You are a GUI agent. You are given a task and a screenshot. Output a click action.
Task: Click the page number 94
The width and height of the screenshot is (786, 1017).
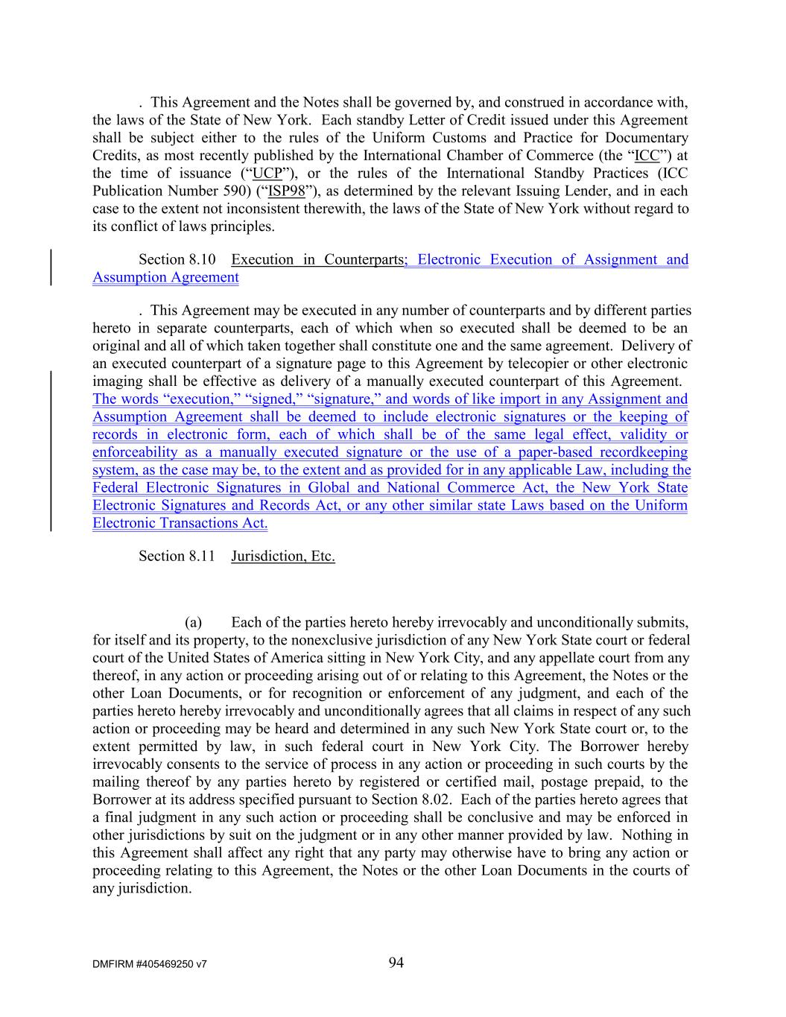(396, 963)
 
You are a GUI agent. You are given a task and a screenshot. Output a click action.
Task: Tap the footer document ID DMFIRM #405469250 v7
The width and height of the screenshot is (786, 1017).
(150, 964)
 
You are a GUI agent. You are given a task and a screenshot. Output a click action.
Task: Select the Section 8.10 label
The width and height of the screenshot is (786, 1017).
(177, 259)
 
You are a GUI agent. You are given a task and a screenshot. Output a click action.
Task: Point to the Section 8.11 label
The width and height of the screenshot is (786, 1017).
(177, 556)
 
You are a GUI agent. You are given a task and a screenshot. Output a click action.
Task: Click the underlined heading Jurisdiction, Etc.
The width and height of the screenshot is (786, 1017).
(283, 556)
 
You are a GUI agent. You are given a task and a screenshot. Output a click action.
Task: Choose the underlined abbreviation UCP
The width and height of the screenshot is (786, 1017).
(266, 174)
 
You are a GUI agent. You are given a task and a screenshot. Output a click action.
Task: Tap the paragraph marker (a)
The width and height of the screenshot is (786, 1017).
(194, 622)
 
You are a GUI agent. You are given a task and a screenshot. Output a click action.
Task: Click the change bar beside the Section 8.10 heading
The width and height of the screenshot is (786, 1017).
(51, 268)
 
